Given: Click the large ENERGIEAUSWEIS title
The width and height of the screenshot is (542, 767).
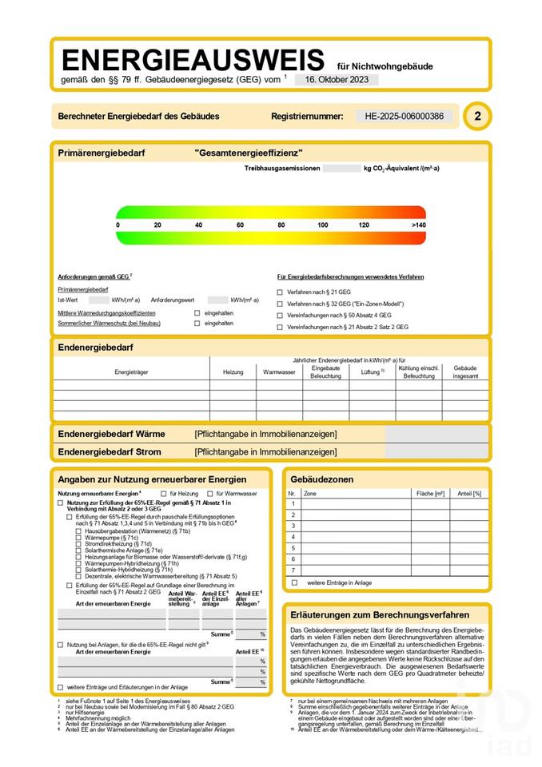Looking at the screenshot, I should click(193, 60).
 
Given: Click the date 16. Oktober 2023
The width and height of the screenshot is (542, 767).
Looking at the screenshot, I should click(337, 80).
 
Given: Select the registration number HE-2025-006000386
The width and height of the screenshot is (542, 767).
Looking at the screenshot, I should click(404, 116).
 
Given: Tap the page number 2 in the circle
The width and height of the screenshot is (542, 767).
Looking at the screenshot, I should click(477, 116).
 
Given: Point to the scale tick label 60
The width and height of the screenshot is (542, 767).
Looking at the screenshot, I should click(240, 225).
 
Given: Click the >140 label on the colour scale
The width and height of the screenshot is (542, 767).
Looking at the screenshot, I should click(419, 225).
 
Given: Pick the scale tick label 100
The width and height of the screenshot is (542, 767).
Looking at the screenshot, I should click(323, 225).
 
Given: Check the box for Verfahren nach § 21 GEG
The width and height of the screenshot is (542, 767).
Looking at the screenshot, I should click(280, 292).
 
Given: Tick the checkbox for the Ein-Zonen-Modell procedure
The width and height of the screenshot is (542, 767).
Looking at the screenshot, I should click(280, 304).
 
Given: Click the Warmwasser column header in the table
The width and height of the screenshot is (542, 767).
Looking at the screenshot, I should click(279, 372).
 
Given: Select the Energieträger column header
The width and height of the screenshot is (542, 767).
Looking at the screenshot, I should click(131, 372).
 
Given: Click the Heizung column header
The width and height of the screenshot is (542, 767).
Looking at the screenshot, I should click(233, 372).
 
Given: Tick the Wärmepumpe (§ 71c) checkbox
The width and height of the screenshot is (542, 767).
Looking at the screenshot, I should click(78, 538).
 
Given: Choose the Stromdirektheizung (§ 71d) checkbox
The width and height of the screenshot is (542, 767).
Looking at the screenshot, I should click(78, 544).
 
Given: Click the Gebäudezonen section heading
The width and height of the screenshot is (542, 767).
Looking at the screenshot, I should click(324, 479).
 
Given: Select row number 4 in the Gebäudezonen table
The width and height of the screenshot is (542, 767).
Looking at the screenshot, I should click(293, 538).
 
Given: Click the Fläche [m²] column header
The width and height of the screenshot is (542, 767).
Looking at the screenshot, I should click(429, 494).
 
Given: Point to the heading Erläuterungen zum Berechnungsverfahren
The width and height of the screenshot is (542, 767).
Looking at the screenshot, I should click(380, 615).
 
